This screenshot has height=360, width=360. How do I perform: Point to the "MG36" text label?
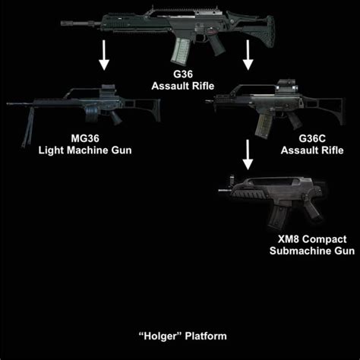(x=85, y=139)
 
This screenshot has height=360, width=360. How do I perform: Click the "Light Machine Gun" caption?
(x=85, y=150)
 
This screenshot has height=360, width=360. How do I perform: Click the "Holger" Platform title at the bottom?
(x=180, y=335)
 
